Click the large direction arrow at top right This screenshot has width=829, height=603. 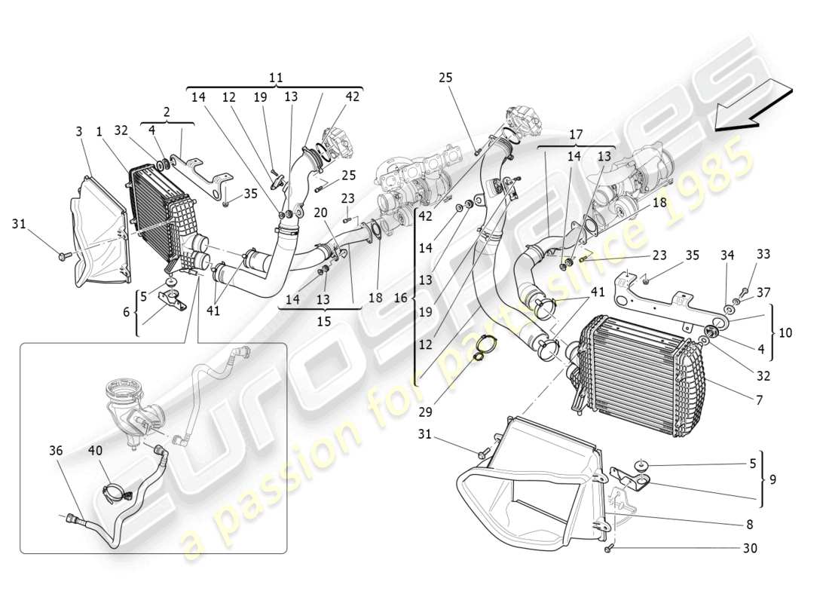point(753,107)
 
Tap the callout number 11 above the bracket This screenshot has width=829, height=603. point(276,77)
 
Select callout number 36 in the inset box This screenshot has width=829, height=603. point(56,451)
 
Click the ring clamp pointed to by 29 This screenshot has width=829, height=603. point(485,347)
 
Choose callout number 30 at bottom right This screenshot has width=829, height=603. point(750,549)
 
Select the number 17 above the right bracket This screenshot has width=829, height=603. point(577,136)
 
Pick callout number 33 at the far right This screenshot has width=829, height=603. point(764,255)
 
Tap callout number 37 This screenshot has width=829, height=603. point(764,292)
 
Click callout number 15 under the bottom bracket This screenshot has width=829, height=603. point(324,320)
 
